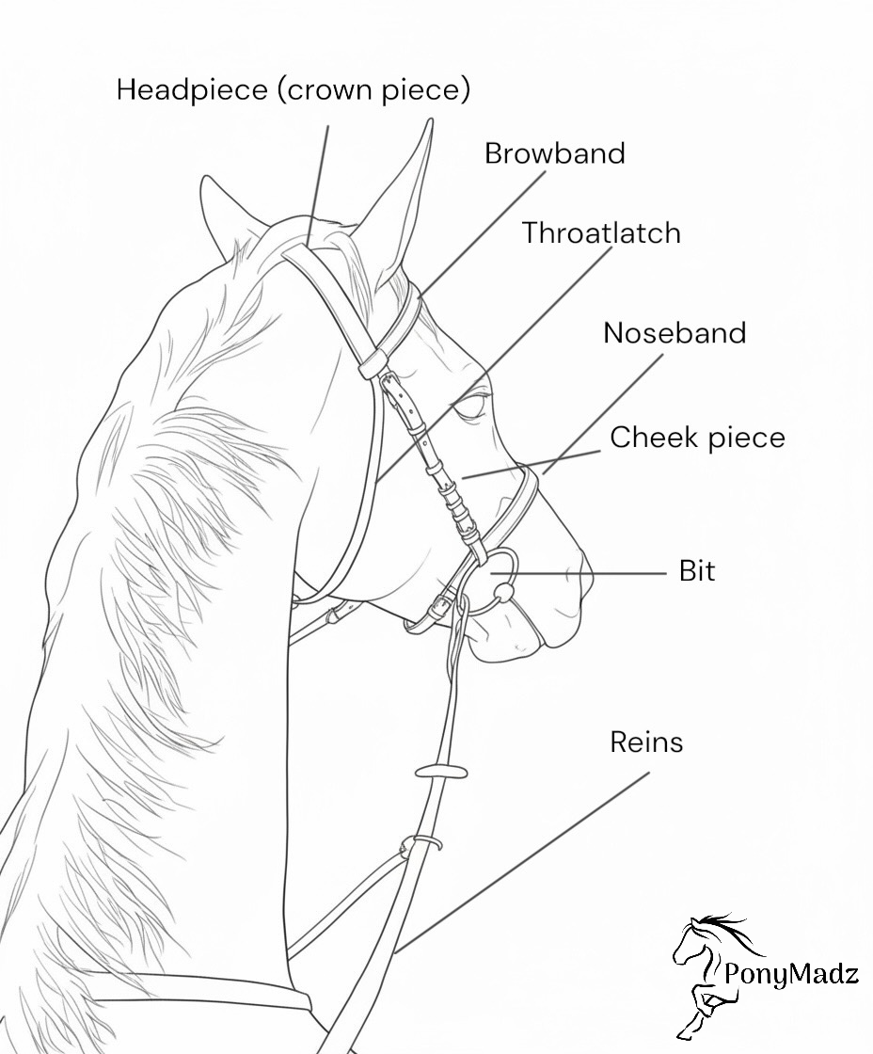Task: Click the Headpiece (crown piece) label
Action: tap(293, 90)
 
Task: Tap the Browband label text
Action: tap(554, 153)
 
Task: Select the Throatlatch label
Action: tap(601, 232)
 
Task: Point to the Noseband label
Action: tap(675, 333)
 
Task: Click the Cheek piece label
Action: tap(697, 438)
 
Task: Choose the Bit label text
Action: tap(697, 571)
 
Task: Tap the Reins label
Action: tap(646, 743)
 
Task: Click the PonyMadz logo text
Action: tap(791, 974)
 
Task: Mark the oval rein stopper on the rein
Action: tap(441, 773)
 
